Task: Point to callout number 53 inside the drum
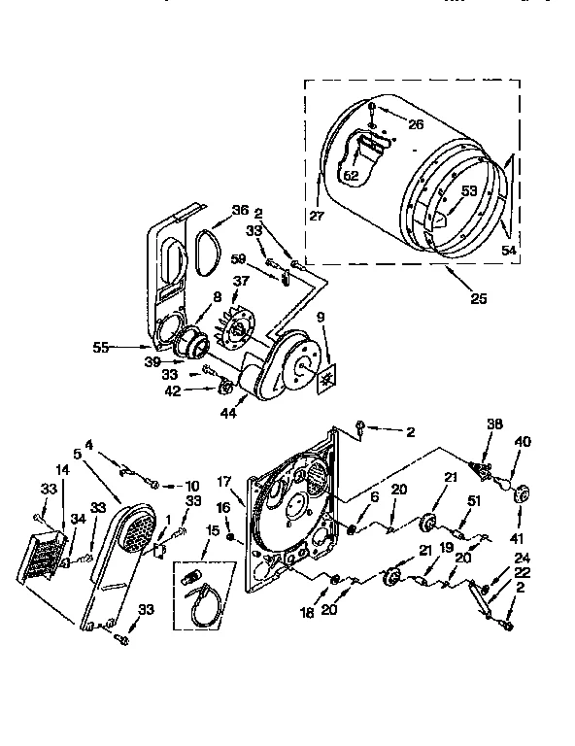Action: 468,191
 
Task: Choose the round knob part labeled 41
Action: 518,495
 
